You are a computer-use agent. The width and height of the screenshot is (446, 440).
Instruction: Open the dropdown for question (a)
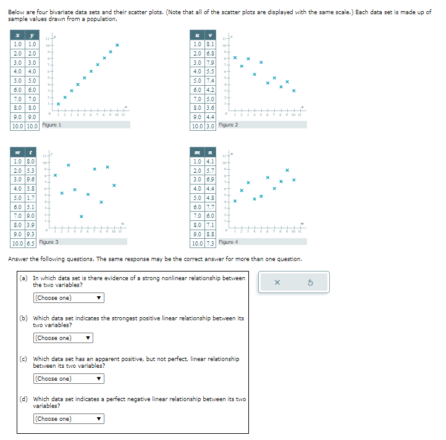point(68,298)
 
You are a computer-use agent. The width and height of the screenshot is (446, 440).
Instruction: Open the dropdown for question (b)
point(63,338)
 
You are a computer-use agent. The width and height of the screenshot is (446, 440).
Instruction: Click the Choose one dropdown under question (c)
point(68,379)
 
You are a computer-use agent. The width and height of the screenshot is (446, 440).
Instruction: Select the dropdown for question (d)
point(68,419)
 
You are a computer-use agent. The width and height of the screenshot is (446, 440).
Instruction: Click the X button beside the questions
point(277,283)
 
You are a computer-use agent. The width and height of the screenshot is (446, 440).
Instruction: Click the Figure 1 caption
point(51,125)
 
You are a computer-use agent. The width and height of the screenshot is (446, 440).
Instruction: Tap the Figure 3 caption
point(49,243)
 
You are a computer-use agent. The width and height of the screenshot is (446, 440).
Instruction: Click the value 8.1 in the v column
point(210,44)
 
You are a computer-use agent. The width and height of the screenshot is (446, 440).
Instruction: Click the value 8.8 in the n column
point(210,235)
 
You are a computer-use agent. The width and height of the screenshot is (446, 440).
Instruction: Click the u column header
point(197,35)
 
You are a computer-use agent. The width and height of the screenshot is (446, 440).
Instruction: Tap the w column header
point(17,152)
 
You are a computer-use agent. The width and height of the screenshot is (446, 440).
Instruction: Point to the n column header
point(210,152)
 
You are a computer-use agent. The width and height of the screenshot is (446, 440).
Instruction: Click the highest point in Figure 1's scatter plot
point(117,45)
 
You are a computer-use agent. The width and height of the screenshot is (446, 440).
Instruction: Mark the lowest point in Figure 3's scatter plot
point(81,216)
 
